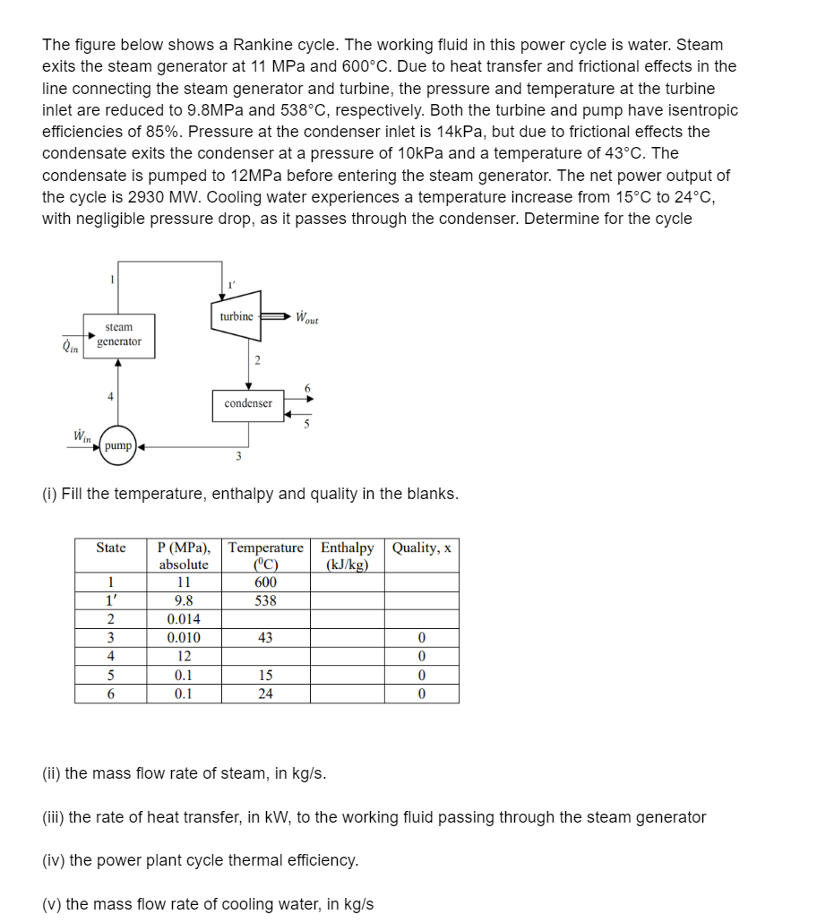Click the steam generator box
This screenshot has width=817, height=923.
[118, 335]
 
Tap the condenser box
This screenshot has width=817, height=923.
[248, 403]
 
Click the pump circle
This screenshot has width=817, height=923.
[117, 445]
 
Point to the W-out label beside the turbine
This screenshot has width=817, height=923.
[307, 318]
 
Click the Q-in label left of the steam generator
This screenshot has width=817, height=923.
[68, 342]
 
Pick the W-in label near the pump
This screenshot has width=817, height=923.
[81, 436]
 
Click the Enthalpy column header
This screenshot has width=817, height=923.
[347, 556]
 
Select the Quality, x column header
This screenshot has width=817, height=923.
[421, 548]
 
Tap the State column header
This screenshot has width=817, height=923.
[111, 548]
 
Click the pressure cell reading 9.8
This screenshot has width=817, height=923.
[183, 601]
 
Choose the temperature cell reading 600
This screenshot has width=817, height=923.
[265, 582]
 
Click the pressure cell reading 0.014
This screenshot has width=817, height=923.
[183, 620]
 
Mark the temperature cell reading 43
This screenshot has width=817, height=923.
[265, 638]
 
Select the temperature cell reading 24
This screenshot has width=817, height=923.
[265, 694]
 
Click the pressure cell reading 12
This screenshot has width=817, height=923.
[183, 657]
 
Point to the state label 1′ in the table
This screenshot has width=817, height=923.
[111, 601]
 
